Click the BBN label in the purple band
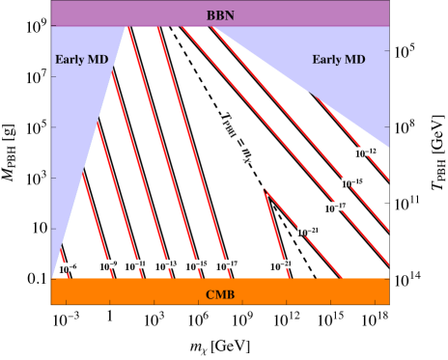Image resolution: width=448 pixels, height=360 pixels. tap(220, 15)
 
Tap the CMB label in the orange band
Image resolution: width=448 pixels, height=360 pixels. tap(220, 294)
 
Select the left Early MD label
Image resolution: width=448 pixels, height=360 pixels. tap(81, 60)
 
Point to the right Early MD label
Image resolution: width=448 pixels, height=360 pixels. tap(339, 60)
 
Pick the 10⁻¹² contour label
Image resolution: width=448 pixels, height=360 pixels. tap(365, 152)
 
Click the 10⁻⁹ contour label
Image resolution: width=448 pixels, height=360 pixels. tap(108, 263)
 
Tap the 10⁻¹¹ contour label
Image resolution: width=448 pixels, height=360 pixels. tap(135, 263)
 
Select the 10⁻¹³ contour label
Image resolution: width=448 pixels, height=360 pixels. tap(165, 263)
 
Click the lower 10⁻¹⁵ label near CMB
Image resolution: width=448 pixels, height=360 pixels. tap(196, 263)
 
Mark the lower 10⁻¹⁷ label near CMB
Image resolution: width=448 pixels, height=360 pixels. tap(226, 263)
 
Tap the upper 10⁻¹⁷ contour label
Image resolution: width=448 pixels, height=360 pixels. tap(334, 207)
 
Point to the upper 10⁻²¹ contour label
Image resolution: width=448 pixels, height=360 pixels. tap(307, 232)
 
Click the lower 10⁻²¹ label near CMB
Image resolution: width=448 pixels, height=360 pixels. tap(280, 263)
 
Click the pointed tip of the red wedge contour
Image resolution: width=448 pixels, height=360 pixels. tap(265, 191)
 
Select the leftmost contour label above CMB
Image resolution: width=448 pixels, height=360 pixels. tap(68, 266)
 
